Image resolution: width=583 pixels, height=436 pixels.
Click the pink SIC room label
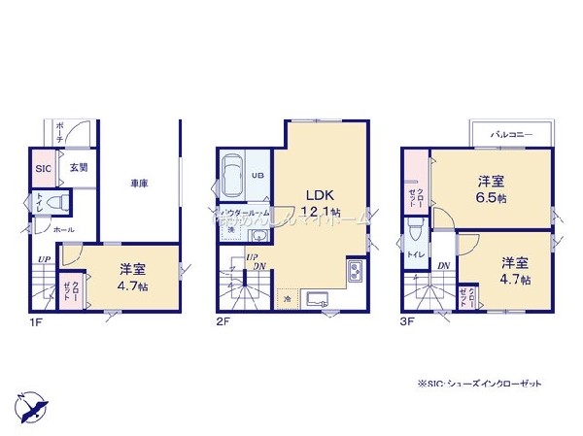pyautogui.click(x=43, y=168)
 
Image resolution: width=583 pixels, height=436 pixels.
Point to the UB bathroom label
pyautogui.click(x=257, y=176)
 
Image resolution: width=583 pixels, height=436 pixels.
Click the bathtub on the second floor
pyautogui.click(x=233, y=177)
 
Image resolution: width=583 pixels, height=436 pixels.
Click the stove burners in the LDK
pyautogui.click(x=355, y=271)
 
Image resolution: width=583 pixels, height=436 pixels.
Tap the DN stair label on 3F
pyautogui.click(x=442, y=265)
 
